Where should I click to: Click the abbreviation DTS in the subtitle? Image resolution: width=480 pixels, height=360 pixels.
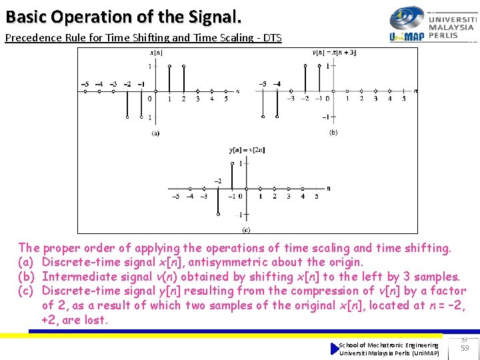click(x=272, y=38)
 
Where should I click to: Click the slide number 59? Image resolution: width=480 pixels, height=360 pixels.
click(x=465, y=347)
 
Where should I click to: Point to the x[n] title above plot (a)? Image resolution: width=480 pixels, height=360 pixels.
click(x=156, y=53)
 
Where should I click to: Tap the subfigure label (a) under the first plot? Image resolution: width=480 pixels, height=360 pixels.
click(x=155, y=133)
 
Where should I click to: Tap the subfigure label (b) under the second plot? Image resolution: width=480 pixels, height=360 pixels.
click(x=333, y=133)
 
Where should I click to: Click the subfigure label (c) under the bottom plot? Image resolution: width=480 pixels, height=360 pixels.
click(x=247, y=229)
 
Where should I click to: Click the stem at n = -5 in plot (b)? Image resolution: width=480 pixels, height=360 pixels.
click(x=262, y=103)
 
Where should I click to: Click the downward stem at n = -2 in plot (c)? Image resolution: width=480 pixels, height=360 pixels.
click(x=218, y=201)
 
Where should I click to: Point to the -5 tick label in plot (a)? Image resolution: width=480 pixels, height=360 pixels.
click(x=85, y=84)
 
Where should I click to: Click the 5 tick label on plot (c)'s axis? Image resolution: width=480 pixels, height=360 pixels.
click(x=316, y=197)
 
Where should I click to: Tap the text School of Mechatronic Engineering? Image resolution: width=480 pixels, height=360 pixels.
click(x=389, y=345)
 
